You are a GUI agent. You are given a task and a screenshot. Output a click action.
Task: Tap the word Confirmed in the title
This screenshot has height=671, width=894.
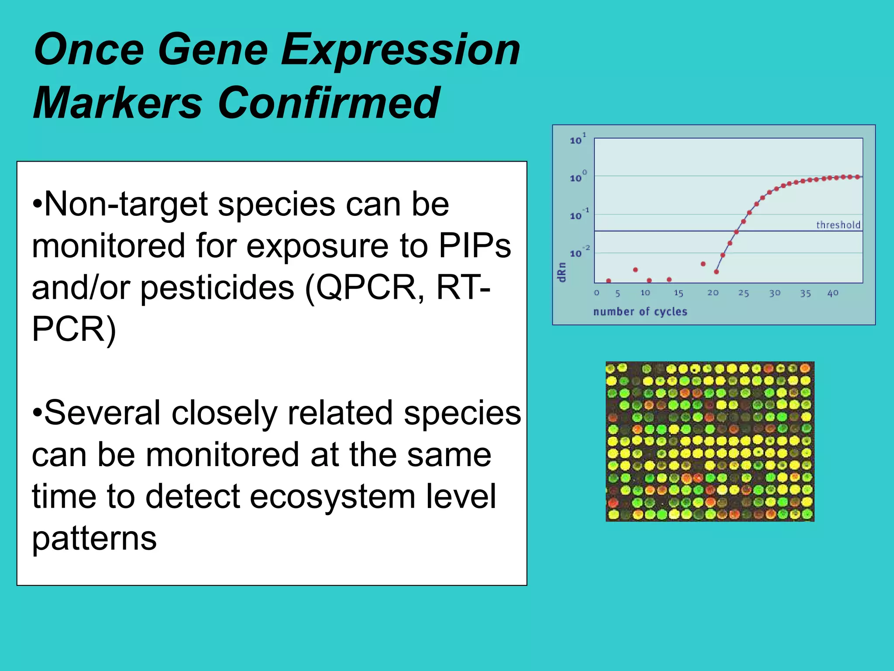(328, 103)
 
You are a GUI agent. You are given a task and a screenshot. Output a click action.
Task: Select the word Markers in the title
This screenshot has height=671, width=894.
(118, 103)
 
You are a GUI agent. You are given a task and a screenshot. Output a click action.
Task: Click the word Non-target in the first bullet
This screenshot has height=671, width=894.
(126, 204)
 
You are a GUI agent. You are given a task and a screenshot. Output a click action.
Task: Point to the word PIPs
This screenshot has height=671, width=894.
(475, 246)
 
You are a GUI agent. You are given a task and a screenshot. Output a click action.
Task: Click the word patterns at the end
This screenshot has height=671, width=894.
(94, 538)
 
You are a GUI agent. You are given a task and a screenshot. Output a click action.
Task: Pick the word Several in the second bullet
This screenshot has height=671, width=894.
(103, 413)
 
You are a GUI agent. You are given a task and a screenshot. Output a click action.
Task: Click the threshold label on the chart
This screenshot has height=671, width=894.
(838, 225)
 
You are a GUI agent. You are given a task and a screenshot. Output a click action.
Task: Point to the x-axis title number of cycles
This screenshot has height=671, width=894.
(640, 311)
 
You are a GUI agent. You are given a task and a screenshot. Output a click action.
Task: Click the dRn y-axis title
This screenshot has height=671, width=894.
(562, 272)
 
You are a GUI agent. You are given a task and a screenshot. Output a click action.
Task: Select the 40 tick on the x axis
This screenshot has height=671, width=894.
(832, 293)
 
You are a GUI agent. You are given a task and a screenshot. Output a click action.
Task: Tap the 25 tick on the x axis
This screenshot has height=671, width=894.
(743, 293)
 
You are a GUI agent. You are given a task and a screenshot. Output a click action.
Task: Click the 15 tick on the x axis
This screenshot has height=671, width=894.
(678, 293)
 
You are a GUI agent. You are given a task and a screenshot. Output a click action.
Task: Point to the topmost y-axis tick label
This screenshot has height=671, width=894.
(578, 139)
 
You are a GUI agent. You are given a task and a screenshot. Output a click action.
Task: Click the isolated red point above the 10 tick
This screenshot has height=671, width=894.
(635, 270)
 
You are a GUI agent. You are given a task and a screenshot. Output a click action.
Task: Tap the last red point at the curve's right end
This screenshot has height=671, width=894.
(857, 177)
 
